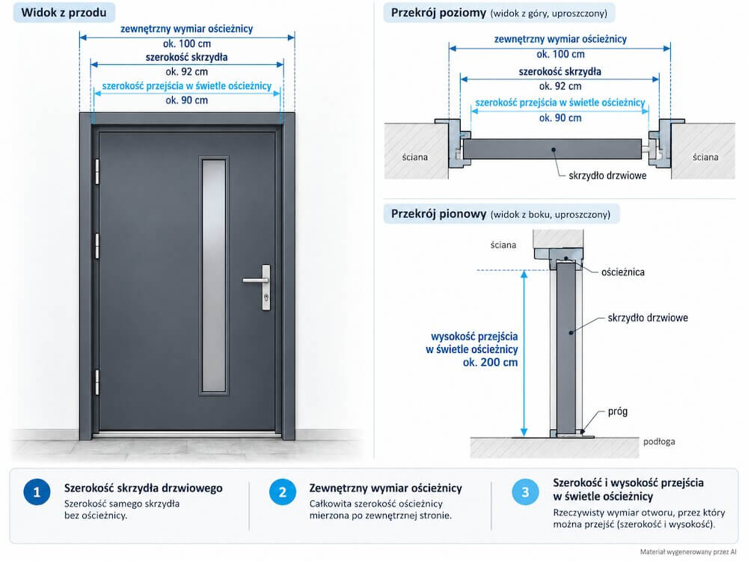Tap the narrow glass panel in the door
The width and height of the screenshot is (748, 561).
pos(214,276)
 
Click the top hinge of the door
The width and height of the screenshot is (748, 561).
pos(97,171)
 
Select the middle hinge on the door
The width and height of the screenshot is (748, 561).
pos(97,246)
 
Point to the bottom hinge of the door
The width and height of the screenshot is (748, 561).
pos(97,382)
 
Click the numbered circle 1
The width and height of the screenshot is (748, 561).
pos(37,492)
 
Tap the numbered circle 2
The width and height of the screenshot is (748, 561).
pos(283,492)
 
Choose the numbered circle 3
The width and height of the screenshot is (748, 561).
pos(525,492)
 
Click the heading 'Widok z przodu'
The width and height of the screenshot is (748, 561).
pos(64,13)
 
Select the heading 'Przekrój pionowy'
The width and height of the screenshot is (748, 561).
pos(438,214)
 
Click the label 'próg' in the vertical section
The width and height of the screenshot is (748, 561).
pos(618,411)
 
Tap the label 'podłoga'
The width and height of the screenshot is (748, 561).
pos(659,441)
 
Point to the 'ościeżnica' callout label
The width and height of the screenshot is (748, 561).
pos(622,272)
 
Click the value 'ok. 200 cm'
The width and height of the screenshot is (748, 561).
pos(490,362)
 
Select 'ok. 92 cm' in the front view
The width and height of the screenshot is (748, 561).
pos(186,72)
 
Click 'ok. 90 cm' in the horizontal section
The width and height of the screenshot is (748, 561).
pos(560,118)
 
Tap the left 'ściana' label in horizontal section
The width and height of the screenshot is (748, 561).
pos(414,157)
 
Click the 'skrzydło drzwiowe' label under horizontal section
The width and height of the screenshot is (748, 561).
pos(607,176)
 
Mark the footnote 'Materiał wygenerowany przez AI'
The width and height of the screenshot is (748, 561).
pos(688,552)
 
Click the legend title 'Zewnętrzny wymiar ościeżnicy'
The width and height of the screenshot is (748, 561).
pos(385,488)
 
